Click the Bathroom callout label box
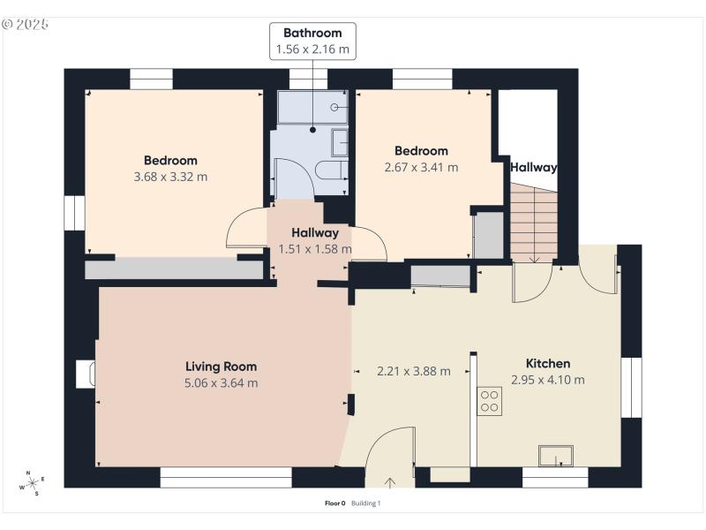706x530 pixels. (x=313, y=42)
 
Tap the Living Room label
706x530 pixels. (x=221, y=366)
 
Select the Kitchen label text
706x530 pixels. (x=548, y=363)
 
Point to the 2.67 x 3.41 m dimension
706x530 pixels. (x=421, y=167)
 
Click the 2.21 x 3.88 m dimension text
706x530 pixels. (x=413, y=371)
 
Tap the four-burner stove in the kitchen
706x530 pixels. (x=489, y=401)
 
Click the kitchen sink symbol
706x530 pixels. (x=556, y=457)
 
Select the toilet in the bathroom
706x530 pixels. (x=332, y=170)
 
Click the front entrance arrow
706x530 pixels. (x=391, y=482)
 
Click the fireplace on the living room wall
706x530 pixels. (x=85, y=374)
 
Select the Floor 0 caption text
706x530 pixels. (x=335, y=503)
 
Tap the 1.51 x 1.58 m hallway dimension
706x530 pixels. (x=315, y=249)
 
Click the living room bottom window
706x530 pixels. (x=226, y=478)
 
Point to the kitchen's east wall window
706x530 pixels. (x=631, y=387)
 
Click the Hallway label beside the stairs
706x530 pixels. (x=534, y=166)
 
